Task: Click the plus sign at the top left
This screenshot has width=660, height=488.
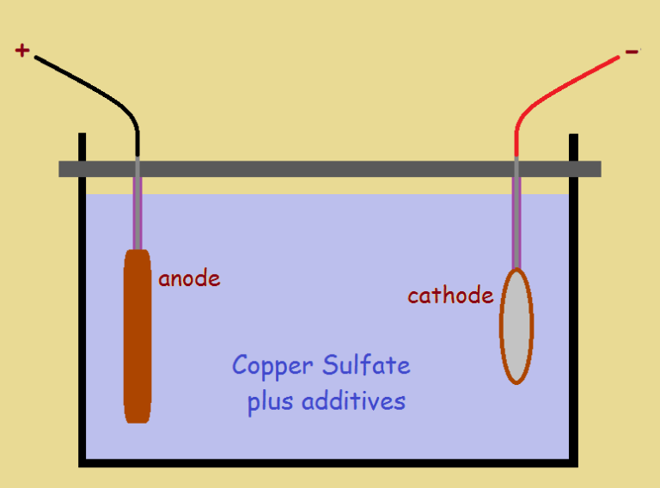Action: pos(21,51)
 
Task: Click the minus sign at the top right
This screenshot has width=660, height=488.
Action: pos(632,52)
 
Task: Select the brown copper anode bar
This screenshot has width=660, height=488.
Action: pos(137,335)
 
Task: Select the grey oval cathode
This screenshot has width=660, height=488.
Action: pos(516,326)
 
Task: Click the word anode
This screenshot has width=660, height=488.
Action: pos(189,278)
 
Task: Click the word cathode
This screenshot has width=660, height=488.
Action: pos(450,296)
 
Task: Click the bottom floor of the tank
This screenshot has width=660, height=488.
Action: pos(327,462)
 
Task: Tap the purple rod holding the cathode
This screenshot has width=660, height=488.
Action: pos(516,223)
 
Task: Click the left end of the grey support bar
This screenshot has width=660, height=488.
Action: pos(64,168)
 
